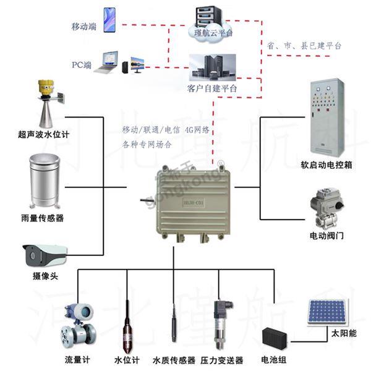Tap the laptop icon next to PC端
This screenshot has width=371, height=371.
pos(107,64)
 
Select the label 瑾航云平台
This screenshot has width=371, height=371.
pos(213,33)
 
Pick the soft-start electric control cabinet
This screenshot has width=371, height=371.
pos(326,117)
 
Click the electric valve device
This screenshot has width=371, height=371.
pos(326,211)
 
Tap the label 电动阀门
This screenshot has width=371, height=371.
pos(326,236)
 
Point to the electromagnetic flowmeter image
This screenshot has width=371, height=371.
pos(78,325)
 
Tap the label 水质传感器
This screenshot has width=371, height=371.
pos(174,360)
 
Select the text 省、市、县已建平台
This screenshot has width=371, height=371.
pos(304,46)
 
